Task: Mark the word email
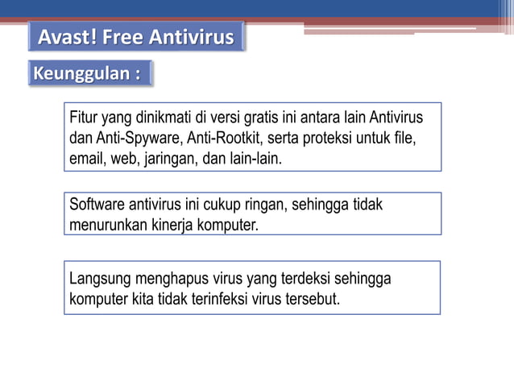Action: (85, 158)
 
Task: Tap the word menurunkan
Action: (107, 225)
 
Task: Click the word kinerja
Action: (172, 225)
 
